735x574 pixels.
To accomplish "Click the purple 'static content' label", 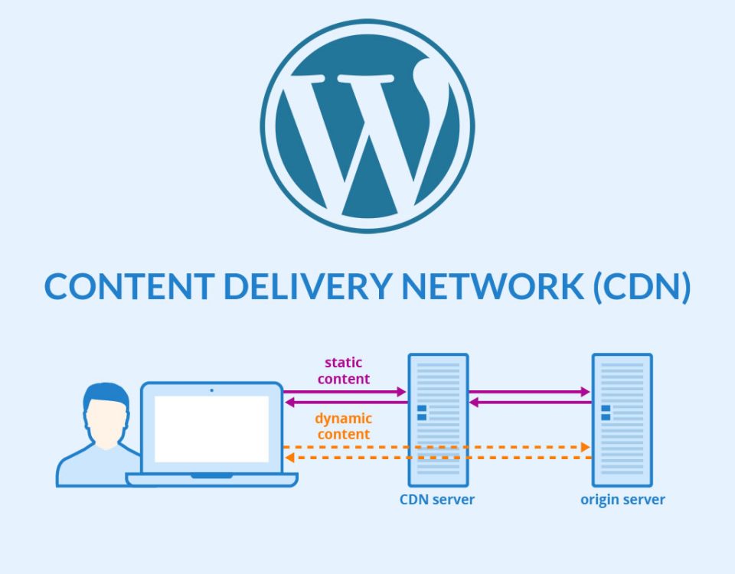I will (345, 370).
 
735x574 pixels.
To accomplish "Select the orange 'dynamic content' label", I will (343, 426).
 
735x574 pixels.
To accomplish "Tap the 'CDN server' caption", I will (437, 500).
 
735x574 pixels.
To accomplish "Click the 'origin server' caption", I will (622, 500).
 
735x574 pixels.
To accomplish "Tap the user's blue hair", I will (106, 395).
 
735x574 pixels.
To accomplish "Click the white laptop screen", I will (212, 429).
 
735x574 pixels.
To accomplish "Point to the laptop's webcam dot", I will (212, 390).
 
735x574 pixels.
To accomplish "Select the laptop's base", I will (212, 479).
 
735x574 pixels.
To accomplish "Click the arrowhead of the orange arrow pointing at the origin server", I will (586, 446).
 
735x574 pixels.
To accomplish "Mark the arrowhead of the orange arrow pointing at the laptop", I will (289, 458).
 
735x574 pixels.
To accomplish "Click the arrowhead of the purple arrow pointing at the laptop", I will (289, 401).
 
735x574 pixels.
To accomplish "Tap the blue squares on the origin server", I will (606, 413).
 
